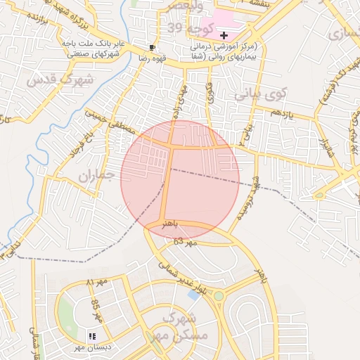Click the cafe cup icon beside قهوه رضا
(x=153, y=48)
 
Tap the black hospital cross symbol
(x=224, y=35)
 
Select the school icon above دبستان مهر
(x=92, y=336)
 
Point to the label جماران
(x=95, y=176)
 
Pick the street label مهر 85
(x=97, y=309)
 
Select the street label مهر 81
(x=91, y=283)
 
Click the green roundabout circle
(x=219, y=296)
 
